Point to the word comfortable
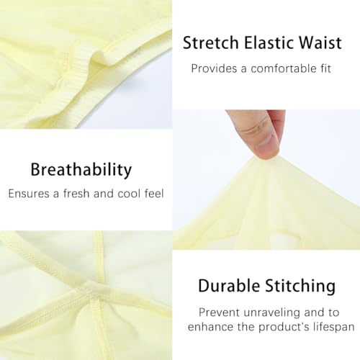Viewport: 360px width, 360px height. pyautogui.click(x=282, y=69)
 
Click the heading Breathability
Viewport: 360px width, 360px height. pyautogui.click(x=81, y=170)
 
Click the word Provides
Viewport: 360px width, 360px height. pyautogui.click(x=213, y=69)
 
